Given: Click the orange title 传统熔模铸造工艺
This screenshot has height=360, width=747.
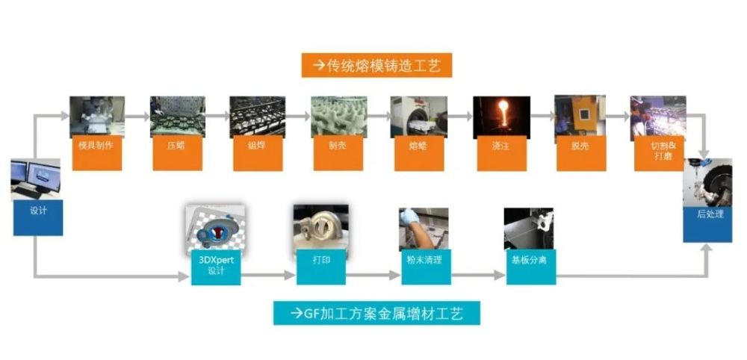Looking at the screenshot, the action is pyautogui.click(x=376, y=65).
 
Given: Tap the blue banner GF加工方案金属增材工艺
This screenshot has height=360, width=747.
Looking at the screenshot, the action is pyautogui.click(x=376, y=313).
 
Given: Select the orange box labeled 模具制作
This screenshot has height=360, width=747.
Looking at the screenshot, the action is pyautogui.click(x=96, y=153).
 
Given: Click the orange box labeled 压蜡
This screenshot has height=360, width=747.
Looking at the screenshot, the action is pyautogui.click(x=177, y=153).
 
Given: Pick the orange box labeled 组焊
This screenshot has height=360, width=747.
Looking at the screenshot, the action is pyautogui.click(x=258, y=153).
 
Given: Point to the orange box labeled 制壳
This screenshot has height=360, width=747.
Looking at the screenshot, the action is pyautogui.click(x=338, y=153).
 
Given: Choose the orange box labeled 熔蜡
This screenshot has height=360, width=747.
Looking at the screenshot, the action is pyautogui.click(x=419, y=153).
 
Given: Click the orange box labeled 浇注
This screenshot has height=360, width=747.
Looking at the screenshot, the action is pyautogui.click(x=502, y=153).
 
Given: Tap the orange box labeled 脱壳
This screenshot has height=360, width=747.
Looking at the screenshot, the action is pyautogui.click(x=581, y=153).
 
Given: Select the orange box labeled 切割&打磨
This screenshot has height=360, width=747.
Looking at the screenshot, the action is pyautogui.click(x=660, y=153).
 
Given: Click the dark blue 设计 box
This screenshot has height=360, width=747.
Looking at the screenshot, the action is pyautogui.click(x=38, y=217).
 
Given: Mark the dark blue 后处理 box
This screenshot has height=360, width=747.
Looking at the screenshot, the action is pyautogui.click(x=707, y=224).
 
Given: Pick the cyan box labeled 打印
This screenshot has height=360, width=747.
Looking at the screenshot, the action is pyautogui.click(x=321, y=267).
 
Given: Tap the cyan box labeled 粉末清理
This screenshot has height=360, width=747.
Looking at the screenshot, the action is pyautogui.click(x=426, y=267).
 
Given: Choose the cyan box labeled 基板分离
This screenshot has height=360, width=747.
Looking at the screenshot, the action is pyautogui.click(x=530, y=267).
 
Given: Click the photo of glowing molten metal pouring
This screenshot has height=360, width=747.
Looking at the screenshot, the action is pyautogui.click(x=501, y=117).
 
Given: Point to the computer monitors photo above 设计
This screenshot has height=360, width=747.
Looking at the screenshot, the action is pyautogui.click(x=36, y=179).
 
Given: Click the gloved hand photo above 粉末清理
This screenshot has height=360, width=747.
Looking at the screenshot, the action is pyautogui.click(x=424, y=229).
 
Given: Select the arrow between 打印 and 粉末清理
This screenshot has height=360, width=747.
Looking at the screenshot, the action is pyautogui.click(x=373, y=276).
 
